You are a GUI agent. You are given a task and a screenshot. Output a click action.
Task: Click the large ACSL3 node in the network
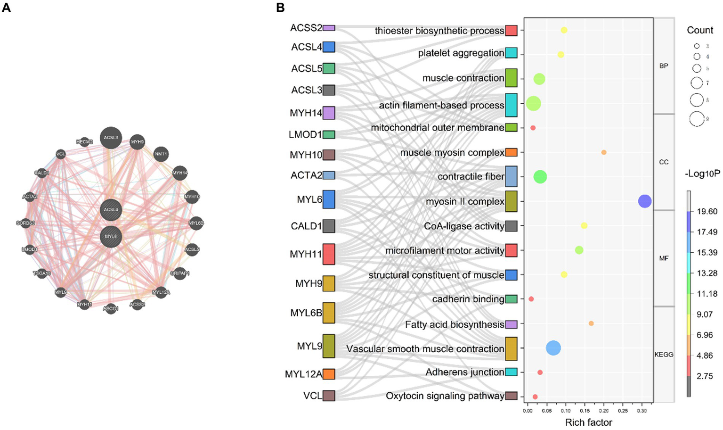pyautogui.click(x=111, y=138)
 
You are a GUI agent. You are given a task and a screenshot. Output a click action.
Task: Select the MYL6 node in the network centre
pyautogui.click(x=111, y=236)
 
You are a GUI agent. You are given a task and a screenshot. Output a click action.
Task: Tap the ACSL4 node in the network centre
pyautogui.click(x=111, y=210)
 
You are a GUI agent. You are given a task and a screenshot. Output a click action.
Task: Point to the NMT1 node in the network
pyautogui.click(x=161, y=154)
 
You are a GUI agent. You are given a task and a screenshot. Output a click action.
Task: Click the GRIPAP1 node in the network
pyautogui.click(x=180, y=273)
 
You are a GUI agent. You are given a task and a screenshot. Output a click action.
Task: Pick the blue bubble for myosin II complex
pyautogui.click(x=645, y=201)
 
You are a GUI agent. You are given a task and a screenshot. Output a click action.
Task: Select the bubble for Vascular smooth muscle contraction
pyautogui.click(x=553, y=348)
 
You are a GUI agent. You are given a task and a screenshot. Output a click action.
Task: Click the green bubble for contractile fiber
pyautogui.click(x=540, y=177)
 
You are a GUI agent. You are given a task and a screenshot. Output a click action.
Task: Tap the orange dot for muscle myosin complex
pyautogui.click(x=604, y=152)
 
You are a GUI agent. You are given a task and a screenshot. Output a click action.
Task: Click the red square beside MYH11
pyautogui.click(x=329, y=254)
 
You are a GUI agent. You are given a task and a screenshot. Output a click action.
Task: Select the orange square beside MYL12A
pyautogui.click(x=329, y=374)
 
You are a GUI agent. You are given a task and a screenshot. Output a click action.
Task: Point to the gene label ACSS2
pyautogui.click(x=306, y=28)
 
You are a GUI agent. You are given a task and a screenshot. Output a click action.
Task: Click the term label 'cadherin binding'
pyautogui.click(x=468, y=299)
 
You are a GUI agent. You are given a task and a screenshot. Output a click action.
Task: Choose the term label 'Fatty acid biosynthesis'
pyautogui.click(x=455, y=324)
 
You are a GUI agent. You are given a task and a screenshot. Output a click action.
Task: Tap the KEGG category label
pyautogui.click(x=664, y=355)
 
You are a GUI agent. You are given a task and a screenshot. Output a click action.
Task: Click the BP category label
pyautogui.click(x=664, y=66)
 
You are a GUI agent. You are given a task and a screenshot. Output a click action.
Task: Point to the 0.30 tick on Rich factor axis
pyautogui.click(x=642, y=411)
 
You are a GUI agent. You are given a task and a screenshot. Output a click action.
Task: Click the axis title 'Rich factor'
pyautogui.click(x=589, y=422)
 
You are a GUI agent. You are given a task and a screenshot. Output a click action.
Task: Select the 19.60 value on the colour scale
pyautogui.click(x=707, y=211)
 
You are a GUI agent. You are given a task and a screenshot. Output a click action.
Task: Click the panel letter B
pyautogui.click(x=280, y=8)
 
